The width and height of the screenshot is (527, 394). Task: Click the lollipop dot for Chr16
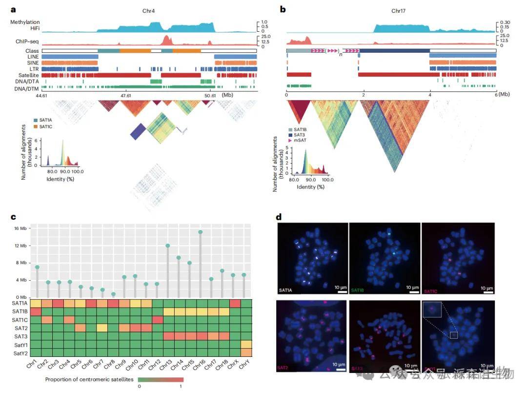click(x=200, y=232)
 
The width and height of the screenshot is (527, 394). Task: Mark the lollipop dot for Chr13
click(x=167, y=246)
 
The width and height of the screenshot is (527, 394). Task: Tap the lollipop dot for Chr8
click(x=113, y=294)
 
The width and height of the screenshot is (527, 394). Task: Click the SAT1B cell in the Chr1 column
click(x=37, y=311)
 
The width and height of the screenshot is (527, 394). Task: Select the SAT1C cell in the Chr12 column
click(x=157, y=320)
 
